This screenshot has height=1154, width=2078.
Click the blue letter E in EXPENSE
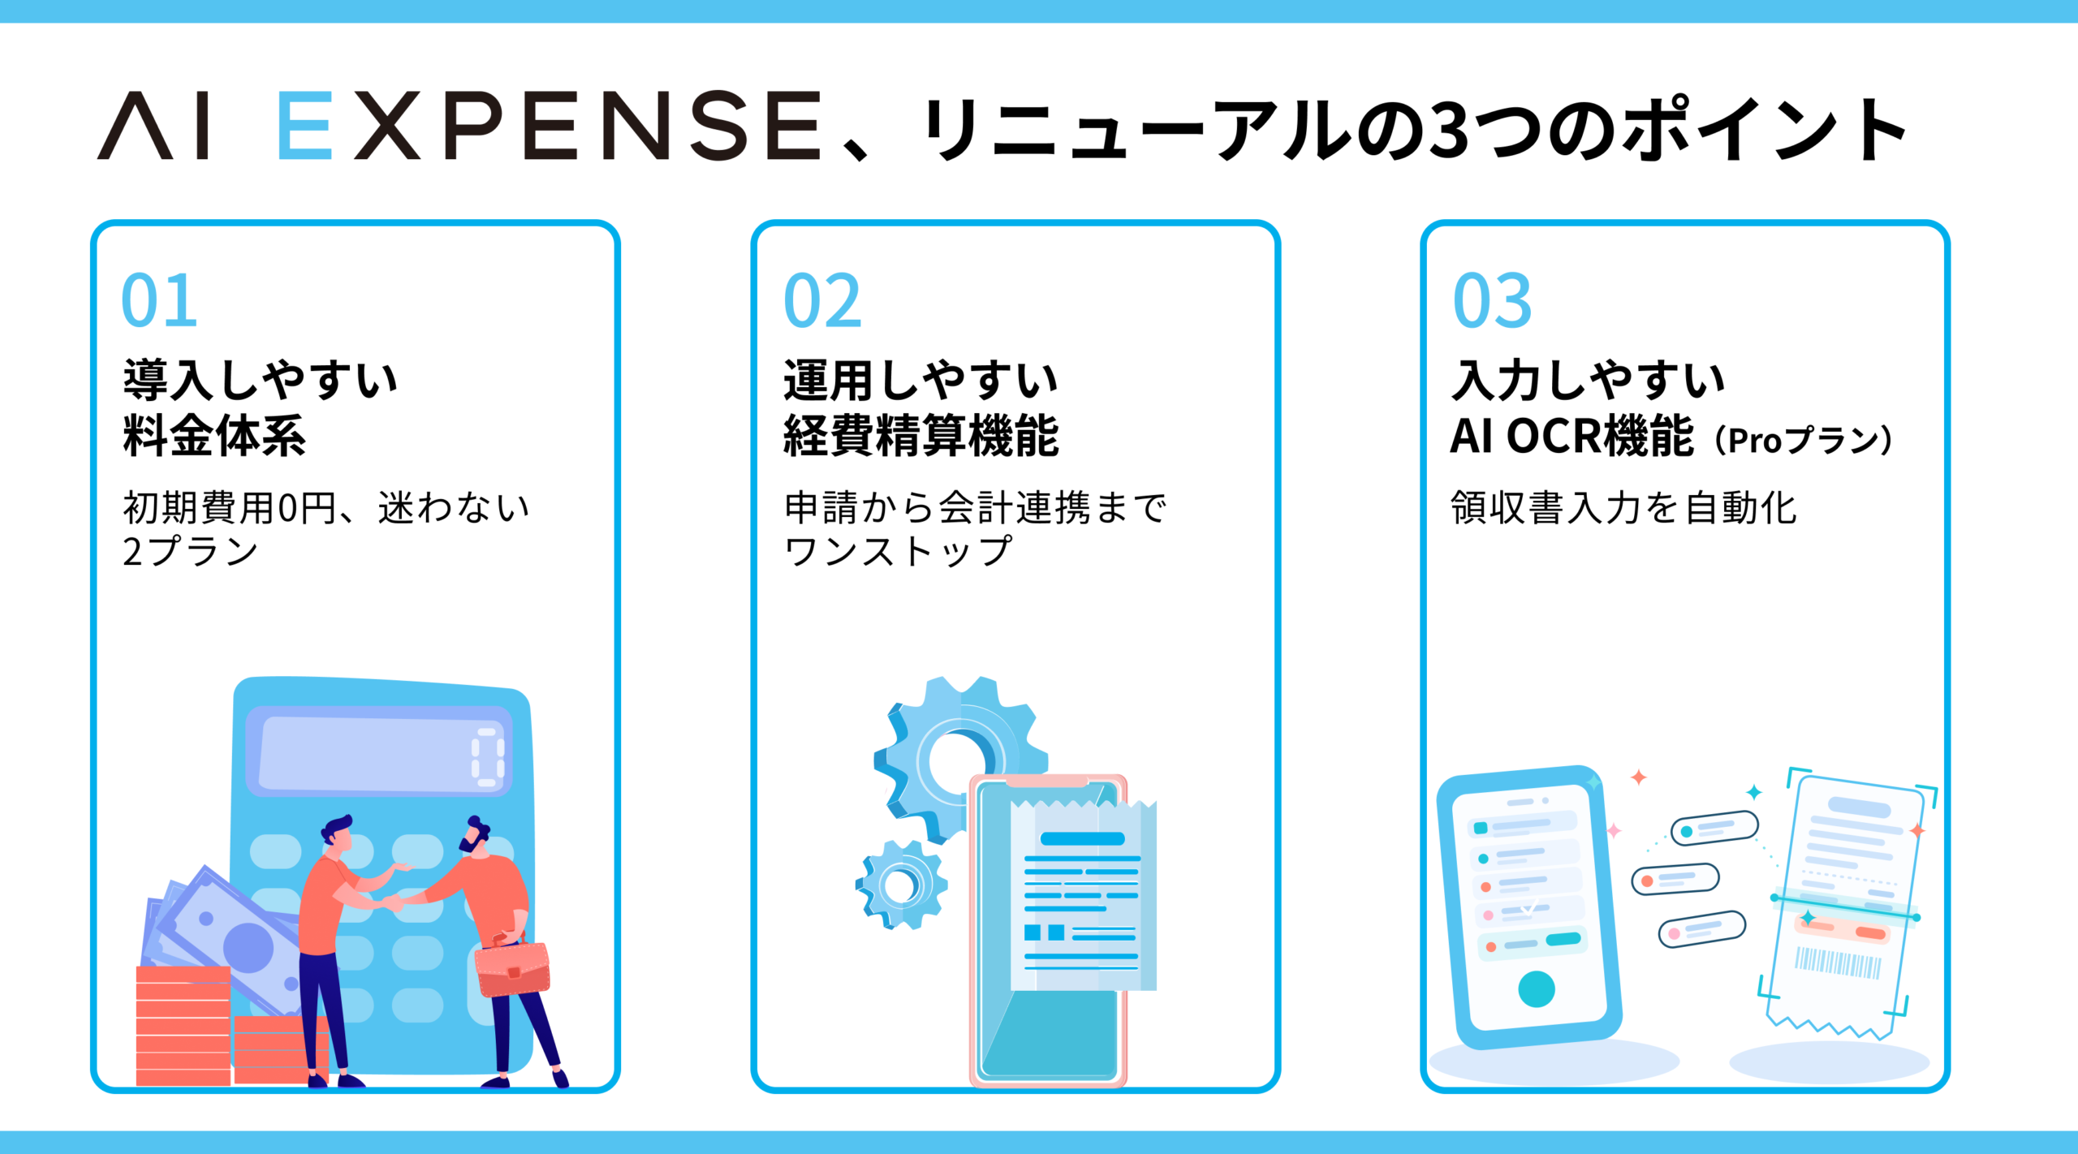304,125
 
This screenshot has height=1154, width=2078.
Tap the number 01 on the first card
159,300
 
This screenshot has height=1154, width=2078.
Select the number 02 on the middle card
822,300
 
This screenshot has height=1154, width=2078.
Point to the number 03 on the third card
1492,300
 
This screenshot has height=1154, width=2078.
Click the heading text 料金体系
214,436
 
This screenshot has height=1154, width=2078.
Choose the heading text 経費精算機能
921,436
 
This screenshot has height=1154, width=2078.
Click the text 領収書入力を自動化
1623,508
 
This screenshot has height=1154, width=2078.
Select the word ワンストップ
898,551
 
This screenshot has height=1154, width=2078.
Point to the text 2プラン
190,551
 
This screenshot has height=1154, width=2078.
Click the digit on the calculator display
488,757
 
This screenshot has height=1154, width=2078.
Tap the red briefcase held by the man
512,967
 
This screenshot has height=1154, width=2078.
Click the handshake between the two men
395,902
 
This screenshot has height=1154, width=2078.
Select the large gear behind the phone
958,759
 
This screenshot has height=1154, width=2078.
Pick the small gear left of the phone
901,885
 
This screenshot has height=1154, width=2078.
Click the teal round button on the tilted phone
1537,989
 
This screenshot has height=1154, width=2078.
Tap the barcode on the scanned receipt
1838,963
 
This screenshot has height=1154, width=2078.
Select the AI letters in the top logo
154,125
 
